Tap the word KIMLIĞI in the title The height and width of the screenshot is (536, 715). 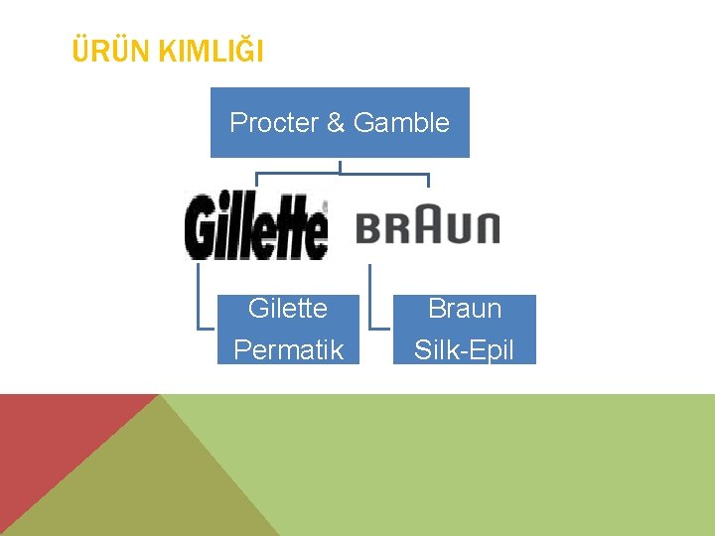(212, 51)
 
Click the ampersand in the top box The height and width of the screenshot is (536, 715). (335, 123)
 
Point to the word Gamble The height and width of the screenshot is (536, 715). (401, 123)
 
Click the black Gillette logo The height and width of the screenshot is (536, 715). (256, 226)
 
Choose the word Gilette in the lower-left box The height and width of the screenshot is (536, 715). (287, 309)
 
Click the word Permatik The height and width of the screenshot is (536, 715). (288, 349)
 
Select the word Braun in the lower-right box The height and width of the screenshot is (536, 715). (464, 309)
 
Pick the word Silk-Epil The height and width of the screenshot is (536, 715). (464, 349)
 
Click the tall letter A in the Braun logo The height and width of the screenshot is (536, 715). (429, 224)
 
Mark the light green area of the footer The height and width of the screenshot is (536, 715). (497, 467)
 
